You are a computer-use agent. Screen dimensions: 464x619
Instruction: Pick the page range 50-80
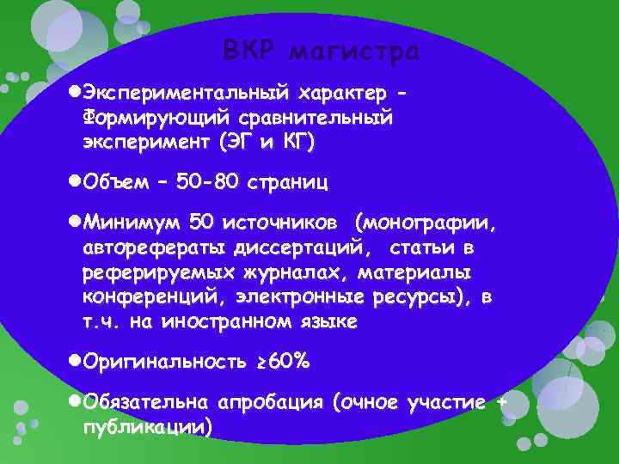[x=209, y=182]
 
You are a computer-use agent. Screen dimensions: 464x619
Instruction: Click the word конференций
[x=141, y=297]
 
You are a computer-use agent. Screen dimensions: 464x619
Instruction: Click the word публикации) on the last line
[x=147, y=426]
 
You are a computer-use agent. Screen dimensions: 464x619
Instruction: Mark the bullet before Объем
[x=74, y=182]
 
